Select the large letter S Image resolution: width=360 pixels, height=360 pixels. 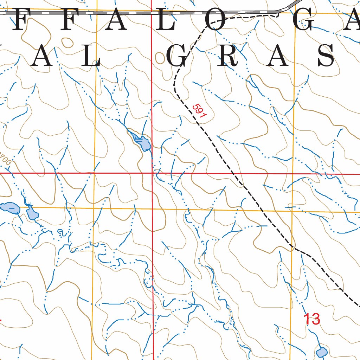click(326, 56)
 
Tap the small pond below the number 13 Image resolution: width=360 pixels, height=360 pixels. click(321, 352)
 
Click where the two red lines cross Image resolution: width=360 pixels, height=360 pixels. click(152, 173)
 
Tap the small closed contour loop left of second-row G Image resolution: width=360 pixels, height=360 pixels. click(160, 59)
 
